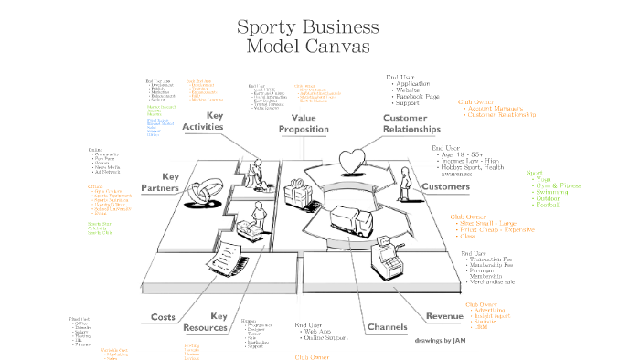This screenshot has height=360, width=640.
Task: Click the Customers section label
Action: pyautogui.click(x=444, y=186)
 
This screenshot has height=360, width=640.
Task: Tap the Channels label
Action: pyautogui.click(x=387, y=326)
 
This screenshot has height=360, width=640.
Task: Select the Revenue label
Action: pyautogui.click(x=444, y=316)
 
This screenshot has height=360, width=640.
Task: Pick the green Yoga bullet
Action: pyautogui.click(x=545, y=180)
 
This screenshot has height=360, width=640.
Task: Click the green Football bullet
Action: pyautogui.click(x=550, y=206)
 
